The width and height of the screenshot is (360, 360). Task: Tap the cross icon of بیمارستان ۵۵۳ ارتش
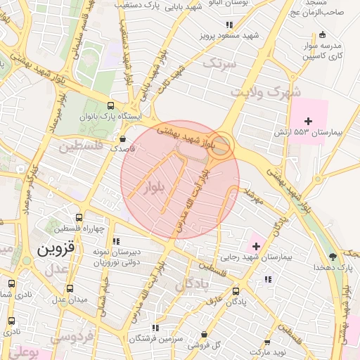(x=308, y=121)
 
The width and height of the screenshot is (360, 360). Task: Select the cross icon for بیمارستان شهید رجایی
(x=255, y=246)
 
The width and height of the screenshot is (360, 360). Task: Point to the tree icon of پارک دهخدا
(x=333, y=257)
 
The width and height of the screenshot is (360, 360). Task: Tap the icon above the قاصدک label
(x=124, y=139)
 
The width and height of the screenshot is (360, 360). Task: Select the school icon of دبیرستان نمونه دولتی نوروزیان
(x=116, y=241)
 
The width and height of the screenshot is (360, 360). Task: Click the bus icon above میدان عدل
(x=69, y=288)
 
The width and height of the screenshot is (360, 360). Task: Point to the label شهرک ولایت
(x=267, y=92)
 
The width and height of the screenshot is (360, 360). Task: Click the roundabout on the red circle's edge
(x=221, y=146)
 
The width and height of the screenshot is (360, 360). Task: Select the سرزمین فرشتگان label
(x=155, y=338)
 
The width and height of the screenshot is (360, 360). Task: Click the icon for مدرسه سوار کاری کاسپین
(x=323, y=34)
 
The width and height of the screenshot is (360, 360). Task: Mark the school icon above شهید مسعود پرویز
(x=228, y=25)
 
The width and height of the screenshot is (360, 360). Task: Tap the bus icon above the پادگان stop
(x=236, y=290)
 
